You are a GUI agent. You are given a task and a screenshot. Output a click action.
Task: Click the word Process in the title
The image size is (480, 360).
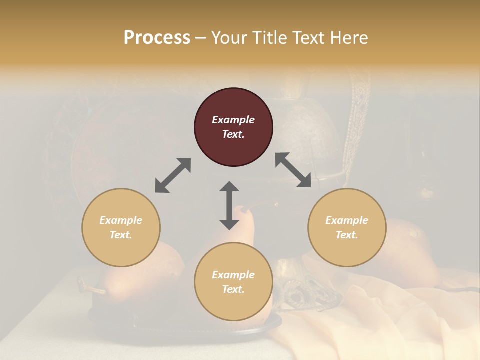(157, 38)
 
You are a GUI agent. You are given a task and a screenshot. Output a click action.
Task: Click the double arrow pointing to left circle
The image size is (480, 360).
(173, 175)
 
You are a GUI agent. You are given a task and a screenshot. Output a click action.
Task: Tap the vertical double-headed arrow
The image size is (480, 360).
(229, 205)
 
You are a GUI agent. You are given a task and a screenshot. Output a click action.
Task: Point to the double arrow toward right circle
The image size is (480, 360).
(293, 170)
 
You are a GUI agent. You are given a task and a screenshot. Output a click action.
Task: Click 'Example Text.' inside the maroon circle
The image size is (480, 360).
(233, 127)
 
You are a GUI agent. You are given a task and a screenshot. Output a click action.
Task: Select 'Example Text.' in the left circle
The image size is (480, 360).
(121, 227)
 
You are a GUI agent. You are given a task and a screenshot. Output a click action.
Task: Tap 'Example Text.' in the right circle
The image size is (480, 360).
(347, 227)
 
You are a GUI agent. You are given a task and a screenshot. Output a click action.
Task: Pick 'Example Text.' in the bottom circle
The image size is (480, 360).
(233, 282)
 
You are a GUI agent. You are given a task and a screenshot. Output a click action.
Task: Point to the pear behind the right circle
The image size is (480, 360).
(410, 250)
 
